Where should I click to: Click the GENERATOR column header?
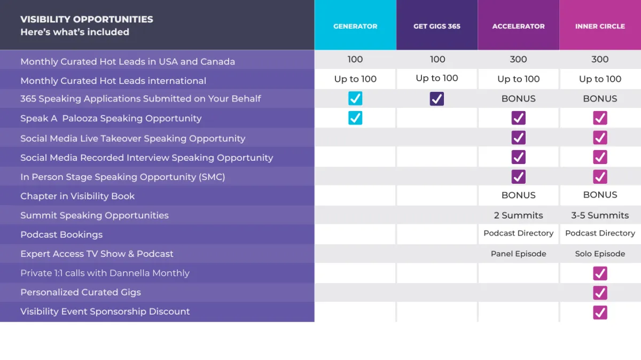tap(355, 26)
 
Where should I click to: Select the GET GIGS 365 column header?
tap(437, 26)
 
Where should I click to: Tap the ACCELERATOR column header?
tap(518, 26)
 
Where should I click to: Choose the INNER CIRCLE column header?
tap(600, 26)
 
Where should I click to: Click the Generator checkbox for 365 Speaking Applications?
tap(355, 98)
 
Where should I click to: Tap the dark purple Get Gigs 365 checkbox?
tap(437, 98)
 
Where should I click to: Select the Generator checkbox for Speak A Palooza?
tap(355, 118)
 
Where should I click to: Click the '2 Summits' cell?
tap(518, 215)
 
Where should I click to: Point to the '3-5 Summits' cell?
tap(600, 215)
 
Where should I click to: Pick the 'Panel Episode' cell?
tap(518, 254)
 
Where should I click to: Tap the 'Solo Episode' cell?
tap(600, 254)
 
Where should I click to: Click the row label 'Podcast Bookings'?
tap(61, 234)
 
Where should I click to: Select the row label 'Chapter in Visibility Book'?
tap(77, 196)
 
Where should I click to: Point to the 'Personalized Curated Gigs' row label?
tap(81, 292)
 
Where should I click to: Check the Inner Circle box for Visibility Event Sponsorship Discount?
tap(600, 312)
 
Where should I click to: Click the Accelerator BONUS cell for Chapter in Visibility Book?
tap(518, 195)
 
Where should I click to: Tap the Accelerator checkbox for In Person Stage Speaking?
tap(518, 177)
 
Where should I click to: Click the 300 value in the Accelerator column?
tap(518, 59)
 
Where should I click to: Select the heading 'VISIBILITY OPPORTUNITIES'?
tap(87, 19)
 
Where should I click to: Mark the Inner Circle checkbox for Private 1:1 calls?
tap(600, 273)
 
